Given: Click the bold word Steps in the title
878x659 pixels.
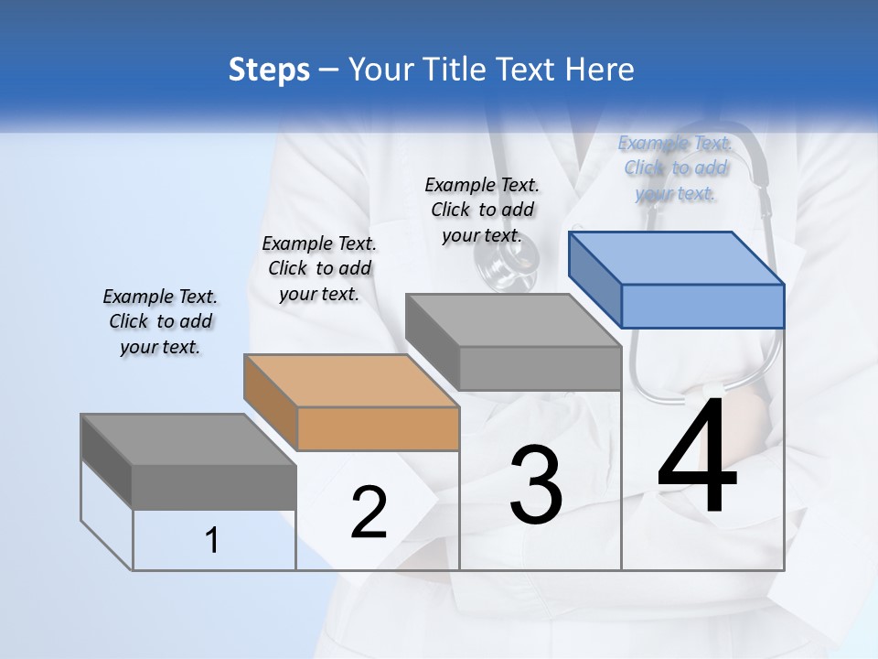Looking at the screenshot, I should coord(269,70).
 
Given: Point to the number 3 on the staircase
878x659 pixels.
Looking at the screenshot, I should coord(535,484).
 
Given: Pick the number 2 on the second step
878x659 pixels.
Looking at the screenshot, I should coord(369,513).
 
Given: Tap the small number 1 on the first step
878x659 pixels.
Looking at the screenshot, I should coord(212,541).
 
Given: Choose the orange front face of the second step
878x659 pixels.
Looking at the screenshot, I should coord(378,428).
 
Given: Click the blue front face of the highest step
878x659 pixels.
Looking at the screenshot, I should coord(702,306).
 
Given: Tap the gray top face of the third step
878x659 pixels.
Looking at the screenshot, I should coord(513,320).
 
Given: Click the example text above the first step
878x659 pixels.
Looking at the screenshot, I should coord(160,322).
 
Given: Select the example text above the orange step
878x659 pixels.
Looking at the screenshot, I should coord(319,269).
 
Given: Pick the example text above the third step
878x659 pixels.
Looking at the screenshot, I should coord(482,210).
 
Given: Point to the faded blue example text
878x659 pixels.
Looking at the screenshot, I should coord(675,168).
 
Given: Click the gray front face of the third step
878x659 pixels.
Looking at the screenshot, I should coord(540,368).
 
